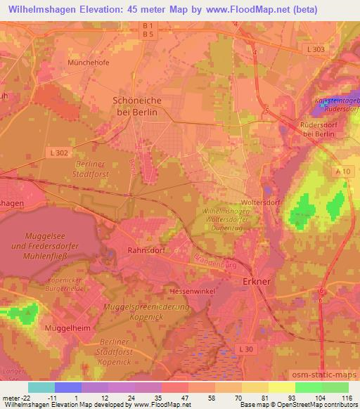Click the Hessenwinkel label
click(x=190, y=290)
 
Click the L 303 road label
click(x=317, y=48)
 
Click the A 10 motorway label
click(x=342, y=171)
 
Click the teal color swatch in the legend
click(x=41, y=387)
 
